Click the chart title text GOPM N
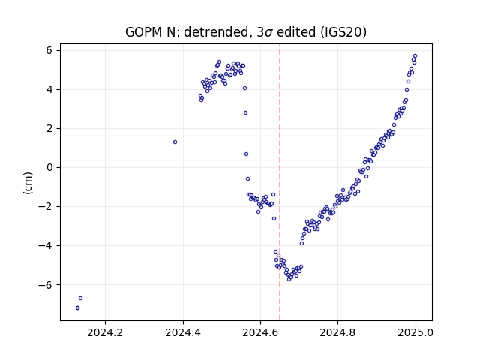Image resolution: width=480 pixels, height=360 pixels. tap(153, 31)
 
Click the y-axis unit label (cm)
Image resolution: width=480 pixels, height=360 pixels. tap(28, 183)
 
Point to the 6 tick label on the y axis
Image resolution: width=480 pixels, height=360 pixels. tap(49, 50)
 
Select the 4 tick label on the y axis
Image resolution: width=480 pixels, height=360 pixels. tap(49, 89)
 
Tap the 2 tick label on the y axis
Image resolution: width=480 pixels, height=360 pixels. tap(49, 128)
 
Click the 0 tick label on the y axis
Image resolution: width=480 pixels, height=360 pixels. tap(49, 167)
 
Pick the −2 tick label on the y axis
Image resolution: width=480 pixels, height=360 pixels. tap(45, 207)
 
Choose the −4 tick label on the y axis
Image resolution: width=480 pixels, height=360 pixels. tap(45, 245)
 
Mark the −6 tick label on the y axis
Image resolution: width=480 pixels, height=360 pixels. tap(45, 285)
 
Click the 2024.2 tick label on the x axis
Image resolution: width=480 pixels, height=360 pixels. tap(105, 332)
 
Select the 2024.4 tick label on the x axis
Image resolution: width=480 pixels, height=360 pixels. tap(183, 332)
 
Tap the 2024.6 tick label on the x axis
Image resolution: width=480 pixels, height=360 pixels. tap(260, 332)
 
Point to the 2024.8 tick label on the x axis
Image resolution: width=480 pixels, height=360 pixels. tap(337, 332)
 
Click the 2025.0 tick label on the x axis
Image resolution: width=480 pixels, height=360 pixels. tap(415, 332)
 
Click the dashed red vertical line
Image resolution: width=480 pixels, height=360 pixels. tap(280, 182)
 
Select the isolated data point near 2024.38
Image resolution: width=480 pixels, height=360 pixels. tap(175, 142)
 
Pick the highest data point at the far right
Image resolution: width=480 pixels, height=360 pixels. tap(415, 56)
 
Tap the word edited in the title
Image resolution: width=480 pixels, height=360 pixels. tap(296, 31)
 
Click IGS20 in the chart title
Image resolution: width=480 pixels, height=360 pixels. tap(343, 31)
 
